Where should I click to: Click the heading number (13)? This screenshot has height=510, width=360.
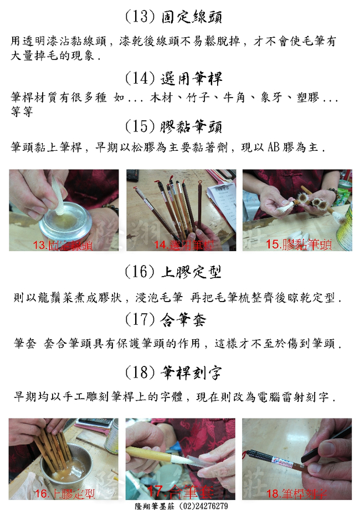pyautogui.click(x=140, y=17)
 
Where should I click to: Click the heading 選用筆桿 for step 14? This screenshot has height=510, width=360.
pyautogui.click(x=192, y=78)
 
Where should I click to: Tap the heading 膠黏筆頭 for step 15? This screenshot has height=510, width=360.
pyautogui.click(x=192, y=127)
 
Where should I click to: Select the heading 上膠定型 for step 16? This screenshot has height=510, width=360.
pyautogui.click(x=192, y=272)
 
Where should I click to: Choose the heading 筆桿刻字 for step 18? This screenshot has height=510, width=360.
pyautogui.click(x=192, y=372)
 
